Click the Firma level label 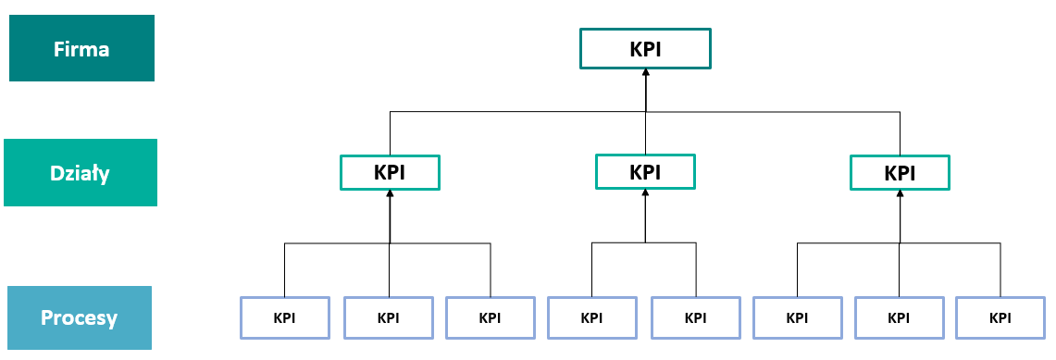click(81, 48)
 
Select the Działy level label click(81, 172)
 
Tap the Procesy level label click(79, 318)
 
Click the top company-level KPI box click(645, 48)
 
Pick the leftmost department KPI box click(390, 172)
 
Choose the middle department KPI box click(644, 171)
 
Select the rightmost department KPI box click(899, 172)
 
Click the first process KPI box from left click(285, 317)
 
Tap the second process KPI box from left click(389, 317)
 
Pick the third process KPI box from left click(490, 317)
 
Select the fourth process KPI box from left click(591, 317)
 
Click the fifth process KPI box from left click(695, 317)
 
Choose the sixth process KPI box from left click(797, 317)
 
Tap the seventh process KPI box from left click(899, 317)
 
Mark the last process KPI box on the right click(1000, 317)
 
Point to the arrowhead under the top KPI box click(646, 74)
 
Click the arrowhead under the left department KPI click(391, 194)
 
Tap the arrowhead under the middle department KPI click(645, 194)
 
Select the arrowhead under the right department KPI click(899, 194)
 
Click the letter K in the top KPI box click(635, 48)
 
